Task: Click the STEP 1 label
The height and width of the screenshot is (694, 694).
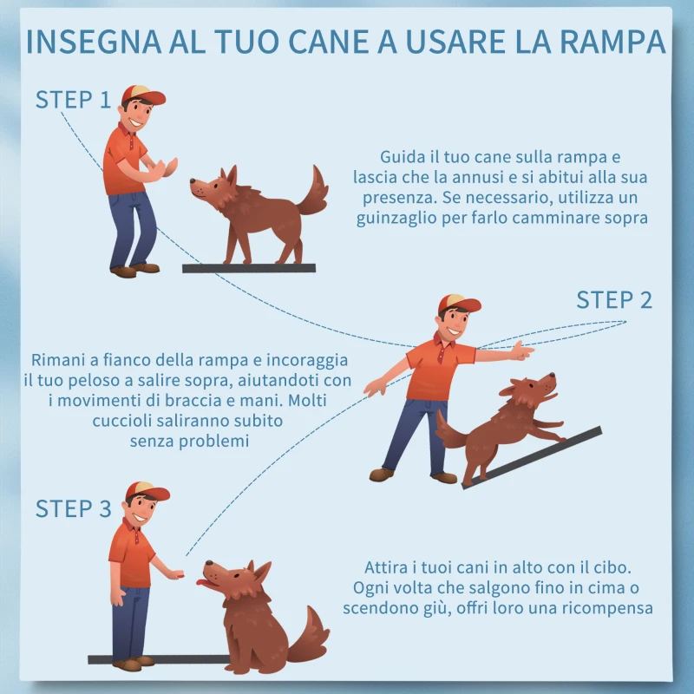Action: point(73,100)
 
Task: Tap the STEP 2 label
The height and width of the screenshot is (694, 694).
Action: point(614,300)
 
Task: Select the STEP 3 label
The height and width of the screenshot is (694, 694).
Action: point(73,508)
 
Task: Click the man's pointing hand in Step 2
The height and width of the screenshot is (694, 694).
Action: point(520,351)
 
